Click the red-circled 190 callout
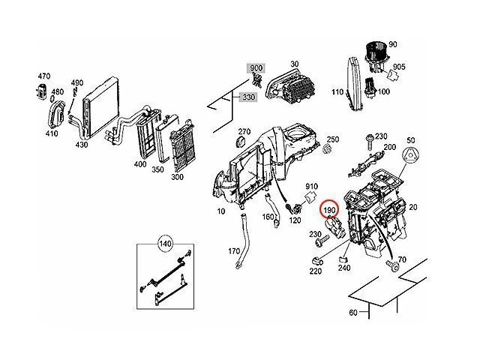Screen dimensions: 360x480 [x=328, y=211]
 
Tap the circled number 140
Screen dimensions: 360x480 [x=164, y=243]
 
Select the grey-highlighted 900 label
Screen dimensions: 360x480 [x=256, y=68]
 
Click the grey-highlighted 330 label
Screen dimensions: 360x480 [x=248, y=97]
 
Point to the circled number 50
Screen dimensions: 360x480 [x=410, y=140]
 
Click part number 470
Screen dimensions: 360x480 [x=43, y=76]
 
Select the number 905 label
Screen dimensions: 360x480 [x=398, y=66]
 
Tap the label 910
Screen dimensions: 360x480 [x=312, y=184]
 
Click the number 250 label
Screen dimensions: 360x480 [x=333, y=139]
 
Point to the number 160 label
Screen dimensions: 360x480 [x=268, y=217]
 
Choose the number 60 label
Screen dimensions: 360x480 [x=353, y=312]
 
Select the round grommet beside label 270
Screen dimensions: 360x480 [x=242, y=142]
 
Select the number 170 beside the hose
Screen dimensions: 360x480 [x=235, y=251]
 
